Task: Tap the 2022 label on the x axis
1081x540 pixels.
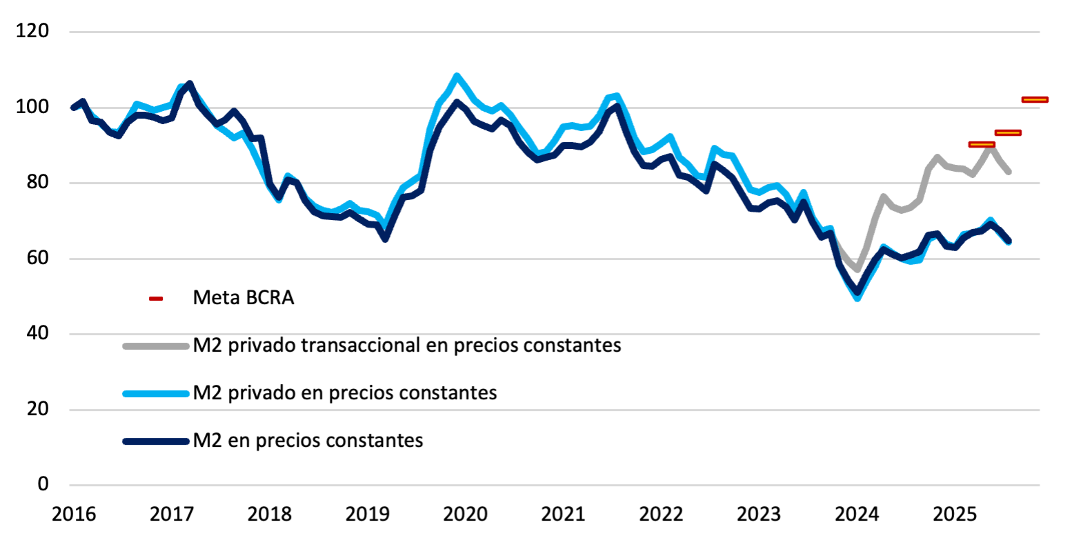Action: tap(660, 514)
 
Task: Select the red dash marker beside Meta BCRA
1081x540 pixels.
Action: tap(156, 299)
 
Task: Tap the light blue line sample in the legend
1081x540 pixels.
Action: tap(156, 394)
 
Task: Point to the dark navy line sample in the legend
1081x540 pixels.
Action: tap(156, 441)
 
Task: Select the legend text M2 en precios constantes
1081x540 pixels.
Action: tap(308, 440)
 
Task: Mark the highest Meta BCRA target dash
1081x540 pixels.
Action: tap(1035, 99)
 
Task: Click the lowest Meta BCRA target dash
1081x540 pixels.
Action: tap(982, 144)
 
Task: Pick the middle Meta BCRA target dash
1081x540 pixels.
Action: tap(1008, 132)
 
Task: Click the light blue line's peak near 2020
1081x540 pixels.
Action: tap(457, 76)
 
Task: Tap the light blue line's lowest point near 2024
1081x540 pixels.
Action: tap(857, 298)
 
